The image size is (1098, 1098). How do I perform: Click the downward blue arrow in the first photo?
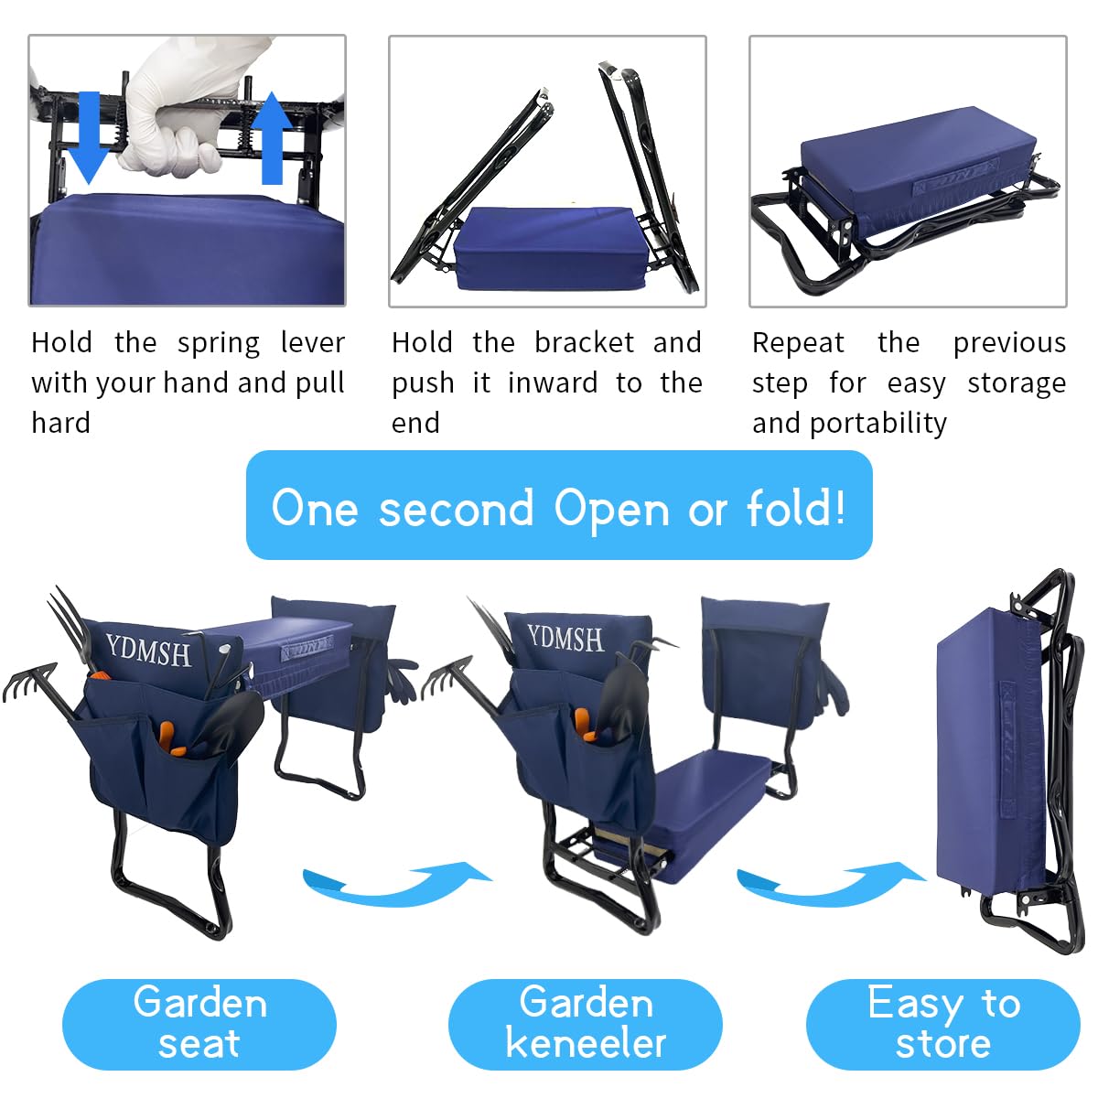point(89,137)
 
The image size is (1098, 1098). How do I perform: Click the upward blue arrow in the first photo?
point(273,137)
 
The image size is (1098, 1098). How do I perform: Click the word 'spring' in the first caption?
point(219,343)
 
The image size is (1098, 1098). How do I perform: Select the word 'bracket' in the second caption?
point(584,342)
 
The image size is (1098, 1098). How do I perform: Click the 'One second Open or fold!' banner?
point(559,505)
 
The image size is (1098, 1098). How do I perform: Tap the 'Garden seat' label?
point(199,1024)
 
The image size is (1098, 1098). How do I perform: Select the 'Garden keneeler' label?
point(586,1024)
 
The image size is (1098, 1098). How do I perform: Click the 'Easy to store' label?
point(943,1024)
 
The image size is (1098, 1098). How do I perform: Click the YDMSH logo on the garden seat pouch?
point(148,651)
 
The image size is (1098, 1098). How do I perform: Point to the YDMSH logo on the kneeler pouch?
point(565,637)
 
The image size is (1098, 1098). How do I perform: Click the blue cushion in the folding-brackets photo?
point(553,247)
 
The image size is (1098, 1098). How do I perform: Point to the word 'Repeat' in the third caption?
point(798,344)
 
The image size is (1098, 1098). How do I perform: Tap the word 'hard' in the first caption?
point(61,423)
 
